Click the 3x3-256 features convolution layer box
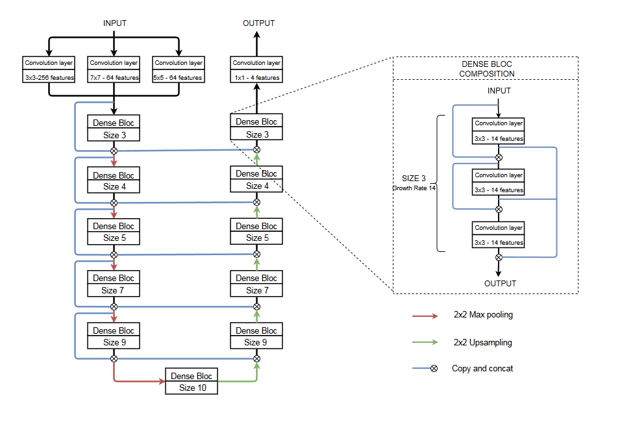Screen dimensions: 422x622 pyautogui.click(x=49, y=70)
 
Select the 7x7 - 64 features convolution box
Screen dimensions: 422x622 pyautogui.click(x=114, y=70)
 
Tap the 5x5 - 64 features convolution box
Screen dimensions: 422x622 pyautogui.click(x=179, y=70)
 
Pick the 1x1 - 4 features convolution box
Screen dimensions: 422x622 pyautogui.click(x=256, y=70)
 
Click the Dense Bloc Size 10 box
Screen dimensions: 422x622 pyautogui.click(x=191, y=382)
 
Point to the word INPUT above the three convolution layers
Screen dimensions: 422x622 pyautogui.click(x=115, y=23)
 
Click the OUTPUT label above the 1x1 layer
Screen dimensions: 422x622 pyautogui.click(x=258, y=23)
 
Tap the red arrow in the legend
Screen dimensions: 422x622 pyautogui.click(x=427, y=316)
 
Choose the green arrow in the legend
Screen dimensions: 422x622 pyautogui.click(x=427, y=343)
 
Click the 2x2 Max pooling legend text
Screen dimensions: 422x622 pyautogui.click(x=483, y=315)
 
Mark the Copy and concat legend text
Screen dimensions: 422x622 pyautogui.click(x=482, y=369)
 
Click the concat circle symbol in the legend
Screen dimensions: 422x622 pyautogui.click(x=434, y=369)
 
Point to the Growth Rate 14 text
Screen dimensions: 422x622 pyautogui.click(x=414, y=188)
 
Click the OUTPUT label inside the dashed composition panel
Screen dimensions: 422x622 pyautogui.click(x=500, y=284)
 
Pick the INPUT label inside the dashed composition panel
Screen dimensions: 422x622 pyautogui.click(x=499, y=91)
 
